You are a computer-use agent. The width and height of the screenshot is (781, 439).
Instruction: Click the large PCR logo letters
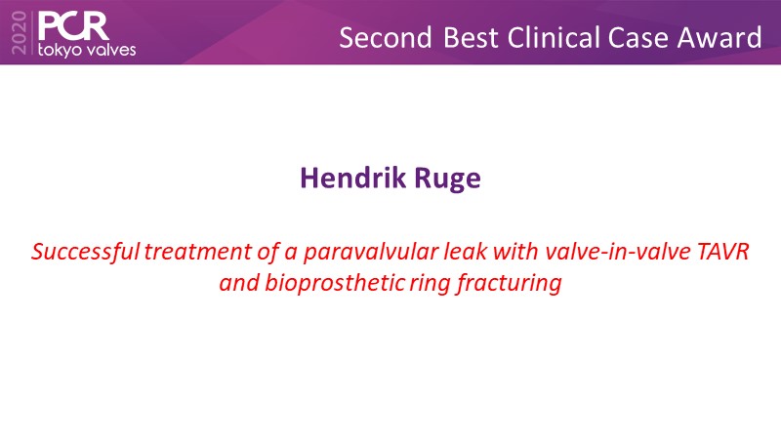[73, 26]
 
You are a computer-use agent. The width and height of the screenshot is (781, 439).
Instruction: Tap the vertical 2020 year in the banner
[19, 32]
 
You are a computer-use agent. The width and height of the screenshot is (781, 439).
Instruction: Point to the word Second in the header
[386, 38]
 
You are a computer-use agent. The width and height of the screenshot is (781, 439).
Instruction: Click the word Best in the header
[471, 38]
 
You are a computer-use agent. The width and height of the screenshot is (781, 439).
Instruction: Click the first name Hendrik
[353, 178]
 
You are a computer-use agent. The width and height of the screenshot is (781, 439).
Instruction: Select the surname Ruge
[448, 180]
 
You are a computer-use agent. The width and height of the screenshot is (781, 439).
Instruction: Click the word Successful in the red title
[86, 252]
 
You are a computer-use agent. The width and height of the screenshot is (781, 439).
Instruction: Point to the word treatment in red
[198, 252]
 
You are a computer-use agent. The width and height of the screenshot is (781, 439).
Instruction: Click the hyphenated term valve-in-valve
[617, 252]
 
